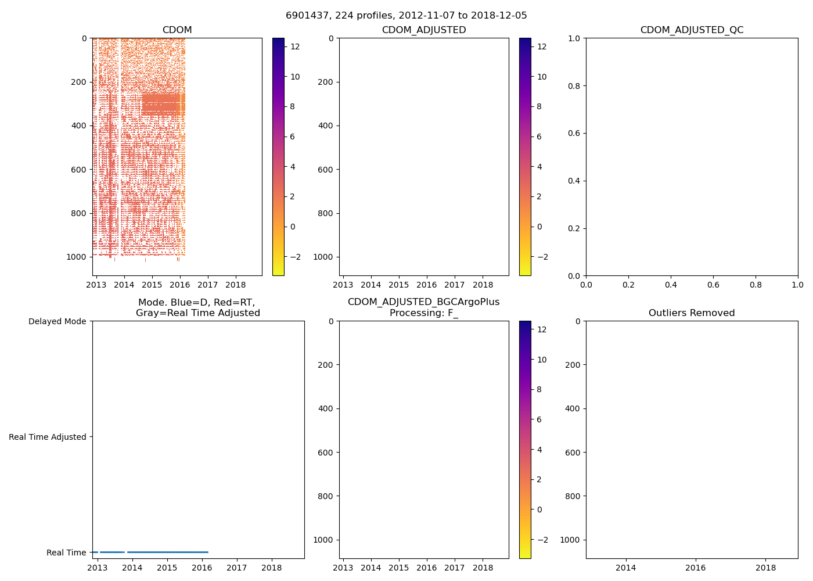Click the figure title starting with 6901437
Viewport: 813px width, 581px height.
pyautogui.click(x=406, y=16)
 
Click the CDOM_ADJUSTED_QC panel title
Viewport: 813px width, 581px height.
pyautogui.click(x=692, y=30)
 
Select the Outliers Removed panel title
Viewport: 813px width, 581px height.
pyautogui.click(x=692, y=313)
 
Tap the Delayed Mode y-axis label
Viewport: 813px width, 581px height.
pyautogui.click(x=57, y=321)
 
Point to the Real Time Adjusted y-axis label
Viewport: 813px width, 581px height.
pyautogui.click(x=48, y=437)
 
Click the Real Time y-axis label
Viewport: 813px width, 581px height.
pyautogui.click(x=66, y=553)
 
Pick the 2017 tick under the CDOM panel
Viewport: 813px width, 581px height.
pyautogui.click(x=207, y=285)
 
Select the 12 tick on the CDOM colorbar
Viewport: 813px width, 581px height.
pyautogui.click(x=295, y=46)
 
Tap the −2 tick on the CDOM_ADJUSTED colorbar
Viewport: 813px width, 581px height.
pyautogui.click(x=542, y=257)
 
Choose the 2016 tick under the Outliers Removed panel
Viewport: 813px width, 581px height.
pyautogui.click(x=696, y=568)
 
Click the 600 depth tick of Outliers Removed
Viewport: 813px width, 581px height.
pyautogui.click(x=572, y=453)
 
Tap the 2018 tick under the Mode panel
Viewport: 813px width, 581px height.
pyautogui.click(x=271, y=568)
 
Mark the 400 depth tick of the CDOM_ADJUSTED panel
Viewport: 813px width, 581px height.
pyautogui.click(x=326, y=125)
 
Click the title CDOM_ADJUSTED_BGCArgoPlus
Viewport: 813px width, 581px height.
pyautogui.click(x=423, y=302)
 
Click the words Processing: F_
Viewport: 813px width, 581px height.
pyautogui.click(x=423, y=313)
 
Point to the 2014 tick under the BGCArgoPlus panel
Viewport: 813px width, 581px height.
pyautogui.click(x=370, y=568)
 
